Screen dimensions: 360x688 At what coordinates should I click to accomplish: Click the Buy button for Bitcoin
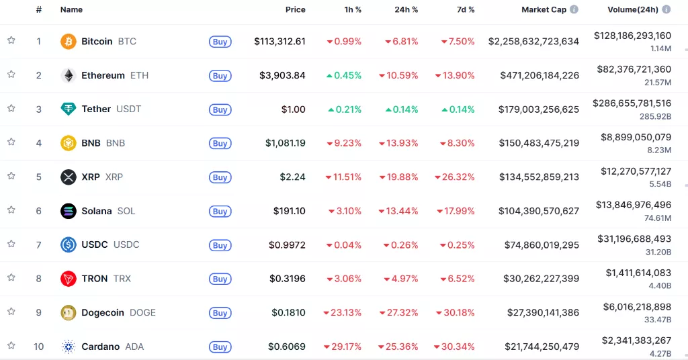tap(220, 42)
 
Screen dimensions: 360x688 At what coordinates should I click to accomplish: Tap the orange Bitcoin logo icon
tap(69, 42)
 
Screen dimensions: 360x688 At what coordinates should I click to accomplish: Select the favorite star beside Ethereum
tap(11, 75)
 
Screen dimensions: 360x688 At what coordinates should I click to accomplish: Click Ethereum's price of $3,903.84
tap(282, 75)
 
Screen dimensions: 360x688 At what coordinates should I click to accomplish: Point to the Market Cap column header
tap(544, 10)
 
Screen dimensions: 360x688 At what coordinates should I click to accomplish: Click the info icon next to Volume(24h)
tap(666, 10)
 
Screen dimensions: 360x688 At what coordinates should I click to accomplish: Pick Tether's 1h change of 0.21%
tap(344, 109)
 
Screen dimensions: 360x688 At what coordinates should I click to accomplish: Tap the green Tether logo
tap(69, 109)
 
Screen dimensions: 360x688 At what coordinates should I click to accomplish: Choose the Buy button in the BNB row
tap(220, 143)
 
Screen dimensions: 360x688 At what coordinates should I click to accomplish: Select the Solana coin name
tap(97, 211)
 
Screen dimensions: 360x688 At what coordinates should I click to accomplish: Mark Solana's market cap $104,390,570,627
tap(539, 211)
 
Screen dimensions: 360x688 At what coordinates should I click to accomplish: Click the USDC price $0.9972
tap(287, 245)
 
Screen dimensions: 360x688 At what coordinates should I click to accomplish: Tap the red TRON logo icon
tap(69, 279)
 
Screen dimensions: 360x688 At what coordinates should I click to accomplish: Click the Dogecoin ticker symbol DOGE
tap(142, 312)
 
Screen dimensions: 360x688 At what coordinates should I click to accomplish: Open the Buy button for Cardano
tap(220, 347)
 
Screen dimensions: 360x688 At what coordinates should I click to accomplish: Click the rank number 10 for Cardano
tap(39, 347)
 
